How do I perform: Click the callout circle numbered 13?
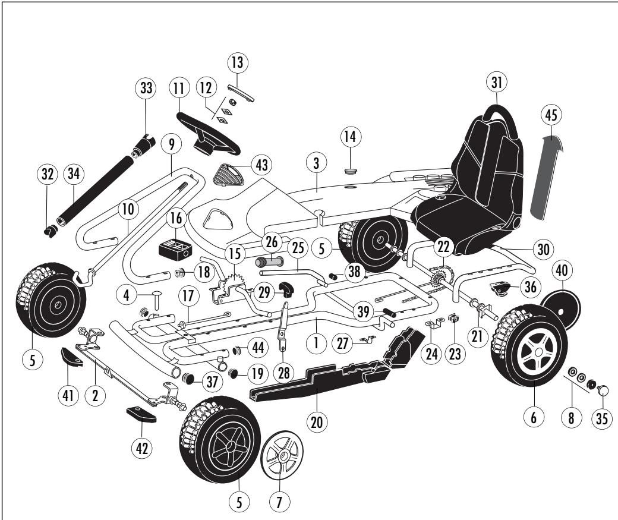pos(238,62)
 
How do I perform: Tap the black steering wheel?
pos(208,134)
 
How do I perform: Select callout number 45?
pos(551,115)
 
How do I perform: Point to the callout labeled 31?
pos(497,82)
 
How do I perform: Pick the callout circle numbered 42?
pos(142,448)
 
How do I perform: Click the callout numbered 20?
pos(317,422)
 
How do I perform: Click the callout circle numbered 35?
pos(602,418)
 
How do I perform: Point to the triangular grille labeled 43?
pos(229,175)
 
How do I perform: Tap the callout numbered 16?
pos(176,218)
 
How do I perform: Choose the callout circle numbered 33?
pos(146,88)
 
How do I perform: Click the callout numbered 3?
pos(316,163)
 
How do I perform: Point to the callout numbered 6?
pos(534,417)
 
